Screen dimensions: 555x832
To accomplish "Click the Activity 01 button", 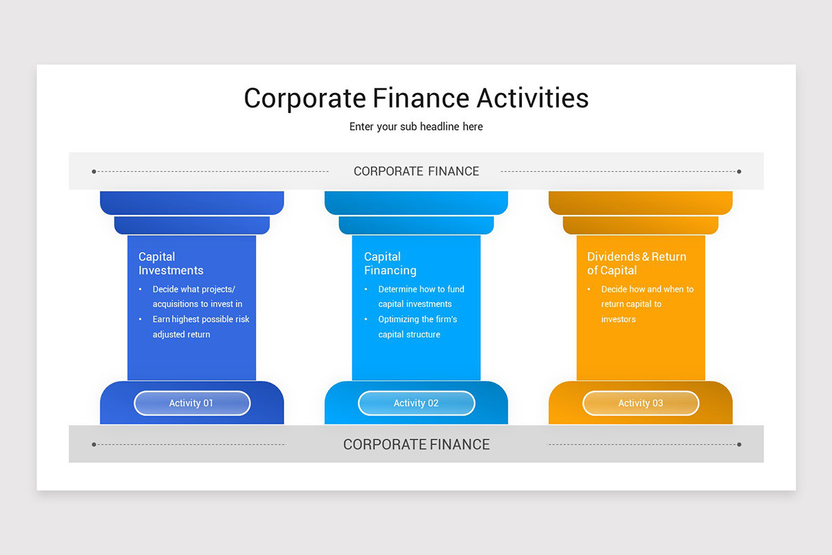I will point(191,403).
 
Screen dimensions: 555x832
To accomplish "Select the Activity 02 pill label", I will point(416,403).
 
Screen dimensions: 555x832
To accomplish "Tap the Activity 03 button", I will point(641,403).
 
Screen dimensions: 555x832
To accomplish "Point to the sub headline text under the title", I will point(416,127).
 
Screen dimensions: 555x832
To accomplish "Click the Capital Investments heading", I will point(171,264).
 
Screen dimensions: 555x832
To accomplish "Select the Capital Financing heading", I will point(390,264).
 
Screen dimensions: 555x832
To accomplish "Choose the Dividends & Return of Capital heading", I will point(636,264).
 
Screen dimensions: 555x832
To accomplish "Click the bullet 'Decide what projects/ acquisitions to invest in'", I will point(197,297).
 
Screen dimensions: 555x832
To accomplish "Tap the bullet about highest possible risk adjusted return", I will point(200,327).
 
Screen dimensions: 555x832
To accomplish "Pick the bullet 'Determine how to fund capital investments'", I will point(421,297).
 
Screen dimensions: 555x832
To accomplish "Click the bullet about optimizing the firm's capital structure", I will point(417,327).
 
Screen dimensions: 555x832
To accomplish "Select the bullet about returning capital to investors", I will point(647,304).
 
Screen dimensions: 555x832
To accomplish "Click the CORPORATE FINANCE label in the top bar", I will point(416,171).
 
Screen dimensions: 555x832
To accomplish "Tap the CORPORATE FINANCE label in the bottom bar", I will point(416,445).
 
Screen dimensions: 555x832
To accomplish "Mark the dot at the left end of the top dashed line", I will point(94,171).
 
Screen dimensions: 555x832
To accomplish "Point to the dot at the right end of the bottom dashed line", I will point(739,445).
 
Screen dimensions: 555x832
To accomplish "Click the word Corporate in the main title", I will point(304,98).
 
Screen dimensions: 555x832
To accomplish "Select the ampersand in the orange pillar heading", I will point(645,257).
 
